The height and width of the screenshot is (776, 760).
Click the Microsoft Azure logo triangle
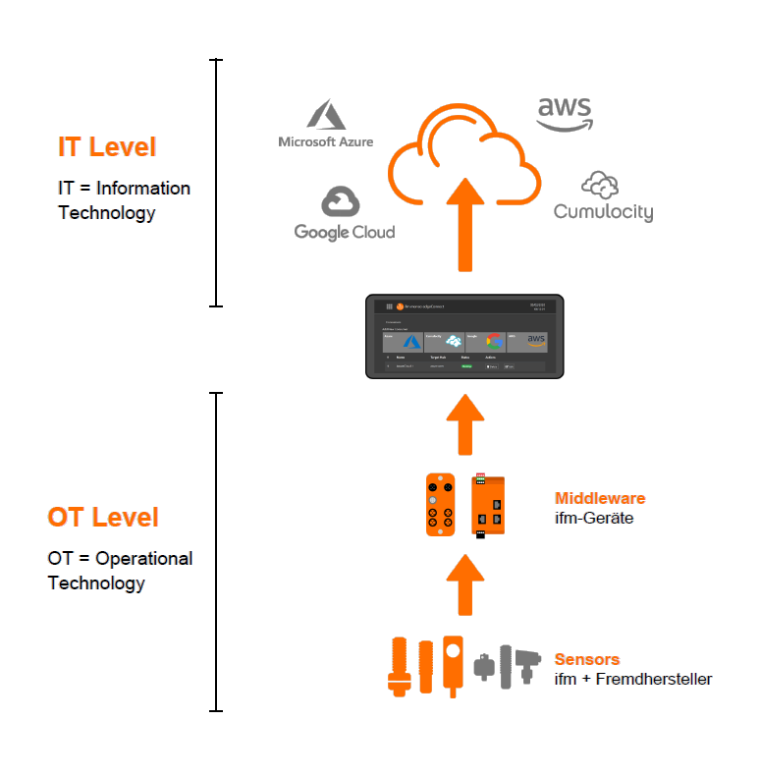(326, 115)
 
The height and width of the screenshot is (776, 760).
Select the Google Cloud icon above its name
(342, 201)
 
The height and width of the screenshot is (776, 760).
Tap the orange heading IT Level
(107, 147)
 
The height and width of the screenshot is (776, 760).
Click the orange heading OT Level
(103, 517)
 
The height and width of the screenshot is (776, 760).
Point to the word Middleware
(600, 498)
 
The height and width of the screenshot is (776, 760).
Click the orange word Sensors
(587, 659)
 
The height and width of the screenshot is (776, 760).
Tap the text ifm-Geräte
(594, 518)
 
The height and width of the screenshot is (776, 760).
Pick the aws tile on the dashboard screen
(527, 341)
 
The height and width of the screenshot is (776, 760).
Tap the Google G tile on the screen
(486, 341)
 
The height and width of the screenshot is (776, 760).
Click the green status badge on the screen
(467, 366)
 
